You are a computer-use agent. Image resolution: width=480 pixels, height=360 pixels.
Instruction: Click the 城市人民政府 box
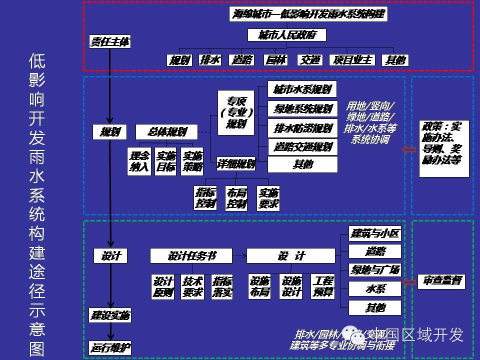[x=287, y=35]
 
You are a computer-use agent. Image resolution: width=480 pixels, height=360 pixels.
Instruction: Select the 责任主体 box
[x=110, y=42]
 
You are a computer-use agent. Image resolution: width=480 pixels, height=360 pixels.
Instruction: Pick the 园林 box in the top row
[x=275, y=60]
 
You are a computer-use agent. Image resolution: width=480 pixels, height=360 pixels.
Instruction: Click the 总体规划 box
[x=167, y=132]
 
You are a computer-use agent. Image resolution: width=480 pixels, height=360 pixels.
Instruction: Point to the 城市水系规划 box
[x=302, y=90]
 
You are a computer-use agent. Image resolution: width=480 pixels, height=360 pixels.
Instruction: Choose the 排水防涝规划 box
[x=302, y=128]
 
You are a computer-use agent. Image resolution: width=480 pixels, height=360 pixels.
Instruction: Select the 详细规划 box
[x=236, y=163]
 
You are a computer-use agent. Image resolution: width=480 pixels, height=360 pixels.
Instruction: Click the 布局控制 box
[x=236, y=198]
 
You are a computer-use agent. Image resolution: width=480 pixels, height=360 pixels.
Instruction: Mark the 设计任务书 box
[x=191, y=256]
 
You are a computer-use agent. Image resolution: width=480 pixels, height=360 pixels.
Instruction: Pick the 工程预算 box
[x=322, y=286]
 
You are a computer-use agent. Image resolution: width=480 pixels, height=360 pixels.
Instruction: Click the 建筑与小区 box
[x=375, y=233]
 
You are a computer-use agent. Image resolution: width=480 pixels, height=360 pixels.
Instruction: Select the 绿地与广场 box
[x=375, y=270]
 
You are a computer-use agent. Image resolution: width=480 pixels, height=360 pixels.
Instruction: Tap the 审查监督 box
[x=441, y=281]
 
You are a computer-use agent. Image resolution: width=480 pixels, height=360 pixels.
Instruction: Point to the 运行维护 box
[x=110, y=347]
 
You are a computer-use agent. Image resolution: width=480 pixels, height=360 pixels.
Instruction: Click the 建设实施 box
[x=110, y=315]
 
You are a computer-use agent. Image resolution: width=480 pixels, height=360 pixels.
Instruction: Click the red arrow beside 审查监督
[x=409, y=281]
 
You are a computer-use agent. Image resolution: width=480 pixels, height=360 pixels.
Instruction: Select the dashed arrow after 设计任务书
[x=239, y=256]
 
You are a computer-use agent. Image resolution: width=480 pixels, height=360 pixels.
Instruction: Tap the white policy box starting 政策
[x=444, y=148]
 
